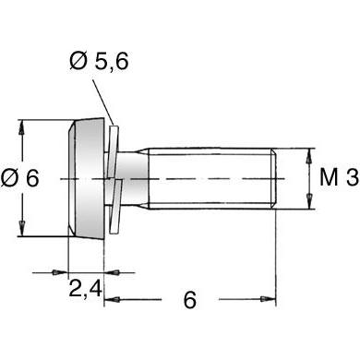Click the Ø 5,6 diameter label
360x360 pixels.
[99, 61]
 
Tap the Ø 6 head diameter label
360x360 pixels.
[20, 178]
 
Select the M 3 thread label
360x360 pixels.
[339, 177]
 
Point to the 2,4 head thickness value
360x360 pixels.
[85, 289]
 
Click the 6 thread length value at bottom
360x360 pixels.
[190, 300]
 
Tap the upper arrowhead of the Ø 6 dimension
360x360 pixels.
[21, 126]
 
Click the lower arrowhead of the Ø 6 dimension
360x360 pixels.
[21, 229]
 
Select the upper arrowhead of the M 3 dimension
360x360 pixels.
[309, 156]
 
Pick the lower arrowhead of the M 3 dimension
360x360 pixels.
[309, 201]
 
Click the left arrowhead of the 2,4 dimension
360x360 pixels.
[60, 272]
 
